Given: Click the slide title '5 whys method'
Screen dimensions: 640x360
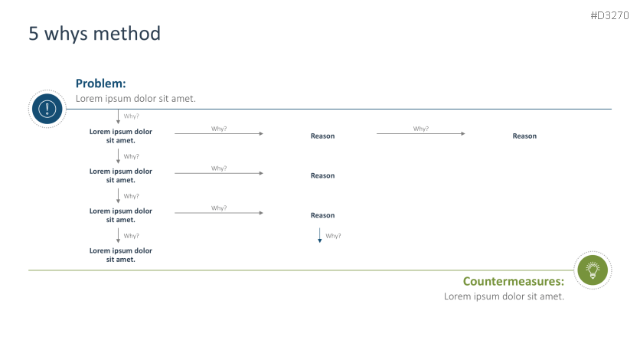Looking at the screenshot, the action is [x=95, y=34].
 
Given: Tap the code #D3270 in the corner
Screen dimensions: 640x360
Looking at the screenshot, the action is [x=609, y=15].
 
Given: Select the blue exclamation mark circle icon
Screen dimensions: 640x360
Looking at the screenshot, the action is [x=47, y=109].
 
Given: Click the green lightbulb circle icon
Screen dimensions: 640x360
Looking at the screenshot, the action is [x=593, y=270].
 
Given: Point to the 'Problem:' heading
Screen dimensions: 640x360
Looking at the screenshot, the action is [x=101, y=83].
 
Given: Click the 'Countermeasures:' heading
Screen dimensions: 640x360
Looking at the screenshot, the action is [x=514, y=281].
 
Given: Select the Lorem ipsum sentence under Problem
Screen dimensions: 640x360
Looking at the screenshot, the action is [x=136, y=98].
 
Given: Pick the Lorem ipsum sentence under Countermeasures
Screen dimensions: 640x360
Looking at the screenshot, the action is [x=504, y=296].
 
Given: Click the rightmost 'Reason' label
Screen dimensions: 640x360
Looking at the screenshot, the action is [x=524, y=136].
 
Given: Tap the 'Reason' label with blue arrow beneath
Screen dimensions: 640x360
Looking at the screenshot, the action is [x=322, y=215].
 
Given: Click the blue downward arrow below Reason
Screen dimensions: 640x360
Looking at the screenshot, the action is [x=319, y=235].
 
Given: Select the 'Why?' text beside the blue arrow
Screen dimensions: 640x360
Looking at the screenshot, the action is [x=333, y=236].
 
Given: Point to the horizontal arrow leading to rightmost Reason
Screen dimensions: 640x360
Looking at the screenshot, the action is [x=421, y=133].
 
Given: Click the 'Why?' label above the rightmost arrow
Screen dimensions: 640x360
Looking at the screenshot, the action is [x=421, y=129].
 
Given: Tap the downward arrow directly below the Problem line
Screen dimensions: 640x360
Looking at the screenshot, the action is [x=119, y=116].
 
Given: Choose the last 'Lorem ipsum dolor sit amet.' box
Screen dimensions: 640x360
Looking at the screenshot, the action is [x=121, y=255].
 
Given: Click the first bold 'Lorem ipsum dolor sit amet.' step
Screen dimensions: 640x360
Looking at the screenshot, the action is [x=121, y=136].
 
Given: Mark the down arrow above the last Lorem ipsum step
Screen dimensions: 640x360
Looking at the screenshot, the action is [x=119, y=235].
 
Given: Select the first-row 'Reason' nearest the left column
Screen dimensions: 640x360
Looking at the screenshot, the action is [x=322, y=136].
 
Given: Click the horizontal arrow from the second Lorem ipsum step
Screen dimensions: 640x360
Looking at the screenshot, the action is [x=219, y=173].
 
